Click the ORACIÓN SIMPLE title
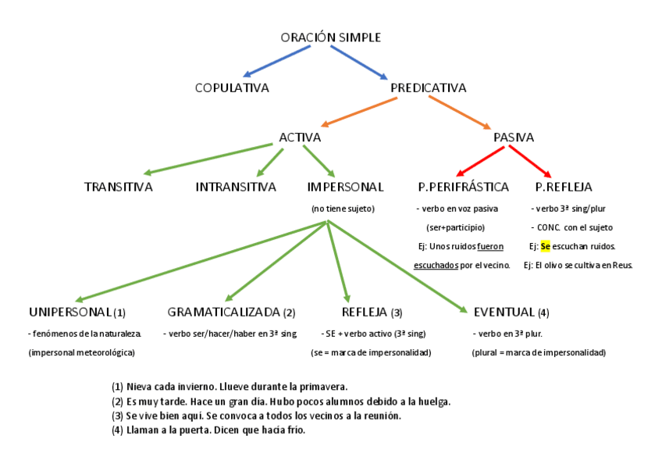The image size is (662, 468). click(x=331, y=38)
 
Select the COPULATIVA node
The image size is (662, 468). click(x=232, y=88)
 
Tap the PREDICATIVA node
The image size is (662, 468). click(x=428, y=88)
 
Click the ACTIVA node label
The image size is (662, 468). click(x=300, y=138)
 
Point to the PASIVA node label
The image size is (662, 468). click(x=514, y=138)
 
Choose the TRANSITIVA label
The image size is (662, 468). click(x=118, y=187)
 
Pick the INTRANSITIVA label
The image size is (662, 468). click(x=236, y=187)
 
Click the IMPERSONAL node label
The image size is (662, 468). click(x=346, y=187)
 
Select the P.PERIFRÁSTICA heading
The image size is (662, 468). click(x=464, y=187)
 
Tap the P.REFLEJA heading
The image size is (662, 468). click(x=564, y=187)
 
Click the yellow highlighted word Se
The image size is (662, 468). click(x=545, y=246)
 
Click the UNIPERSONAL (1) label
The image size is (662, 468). click(x=77, y=313)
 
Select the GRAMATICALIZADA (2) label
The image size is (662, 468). click(x=231, y=313)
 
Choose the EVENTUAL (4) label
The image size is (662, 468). click(x=511, y=313)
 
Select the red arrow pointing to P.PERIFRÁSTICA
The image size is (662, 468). click(x=476, y=163)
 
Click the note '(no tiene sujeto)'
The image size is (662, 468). click(x=343, y=209)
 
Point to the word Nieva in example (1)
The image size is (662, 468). click(x=140, y=387)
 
